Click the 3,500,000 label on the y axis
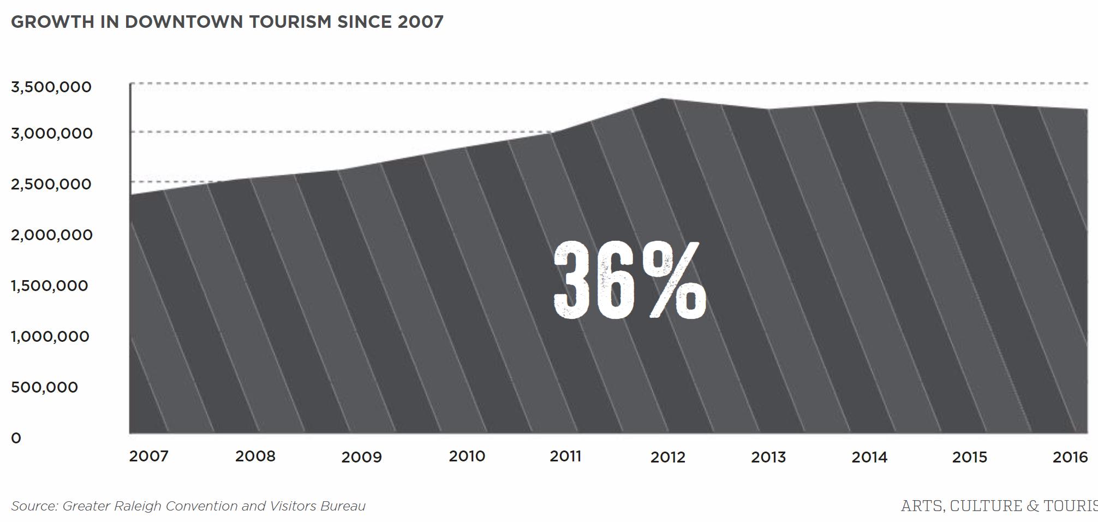[51, 87]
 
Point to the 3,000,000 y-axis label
[52, 133]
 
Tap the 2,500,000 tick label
[51, 184]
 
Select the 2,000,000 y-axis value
[52, 235]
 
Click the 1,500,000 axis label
[50, 286]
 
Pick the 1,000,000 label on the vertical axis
[50, 336]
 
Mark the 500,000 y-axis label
[45, 387]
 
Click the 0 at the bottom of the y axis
[16, 438]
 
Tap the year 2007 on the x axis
[149, 456]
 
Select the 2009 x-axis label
[362, 457]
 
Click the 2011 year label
[566, 456]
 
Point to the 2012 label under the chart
[668, 457]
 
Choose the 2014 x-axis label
[869, 457]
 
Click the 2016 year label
[1070, 456]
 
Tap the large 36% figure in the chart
[630, 280]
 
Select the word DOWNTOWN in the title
[184, 22]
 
